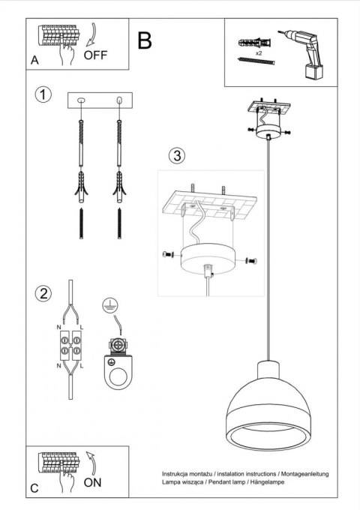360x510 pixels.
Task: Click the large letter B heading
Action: tap(145, 40)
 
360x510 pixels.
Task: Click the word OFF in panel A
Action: tap(95, 55)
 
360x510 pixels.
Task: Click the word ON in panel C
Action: tap(92, 482)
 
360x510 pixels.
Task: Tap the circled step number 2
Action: tap(45, 293)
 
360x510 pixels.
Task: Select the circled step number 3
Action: tap(175, 156)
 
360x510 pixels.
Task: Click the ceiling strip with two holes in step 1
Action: tap(99, 100)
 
